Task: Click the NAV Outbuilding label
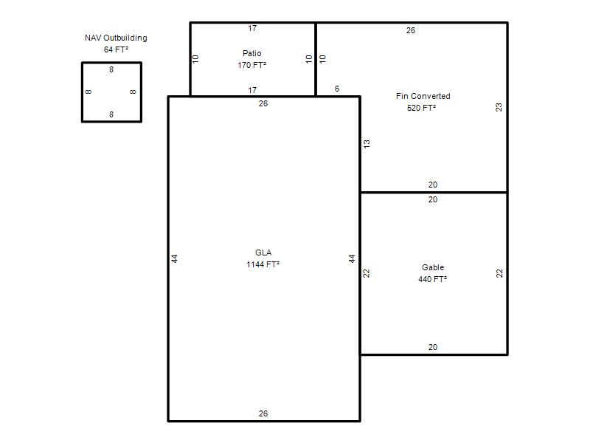(x=116, y=38)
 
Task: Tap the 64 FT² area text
(x=116, y=49)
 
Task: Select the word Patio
(x=251, y=53)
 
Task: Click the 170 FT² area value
(x=251, y=65)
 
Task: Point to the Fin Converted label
(x=423, y=96)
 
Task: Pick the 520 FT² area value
(x=421, y=108)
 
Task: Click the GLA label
(x=263, y=253)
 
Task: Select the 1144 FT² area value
(x=263, y=264)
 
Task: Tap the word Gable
(x=433, y=267)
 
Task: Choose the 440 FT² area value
(x=432, y=279)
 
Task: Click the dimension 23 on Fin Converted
(x=499, y=107)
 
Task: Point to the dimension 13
(x=367, y=143)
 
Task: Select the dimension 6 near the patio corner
(x=337, y=89)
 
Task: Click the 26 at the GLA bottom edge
(x=263, y=413)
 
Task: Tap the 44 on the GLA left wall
(x=174, y=259)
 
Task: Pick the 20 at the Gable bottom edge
(x=433, y=347)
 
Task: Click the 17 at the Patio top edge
(x=252, y=28)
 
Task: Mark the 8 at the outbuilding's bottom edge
(x=111, y=114)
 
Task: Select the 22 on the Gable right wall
(x=499, y=273)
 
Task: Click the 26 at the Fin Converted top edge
(x=411, y=30)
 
